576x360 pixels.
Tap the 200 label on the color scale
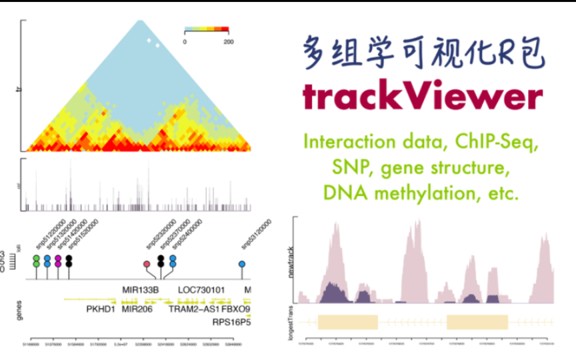[229, 42]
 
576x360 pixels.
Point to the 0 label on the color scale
[185, 42]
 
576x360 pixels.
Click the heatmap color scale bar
[206, 30]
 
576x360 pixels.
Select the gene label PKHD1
[101, 309]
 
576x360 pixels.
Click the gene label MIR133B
[141, 290]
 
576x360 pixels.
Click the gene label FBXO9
[235, 309]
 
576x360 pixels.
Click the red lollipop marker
[147, 265]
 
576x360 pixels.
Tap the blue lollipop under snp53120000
[242, 265]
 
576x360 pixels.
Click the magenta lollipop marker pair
[58, 261]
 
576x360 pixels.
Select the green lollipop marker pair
[36, 261]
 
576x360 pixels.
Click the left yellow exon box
[348, 322]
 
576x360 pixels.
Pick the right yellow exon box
[477, 322]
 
